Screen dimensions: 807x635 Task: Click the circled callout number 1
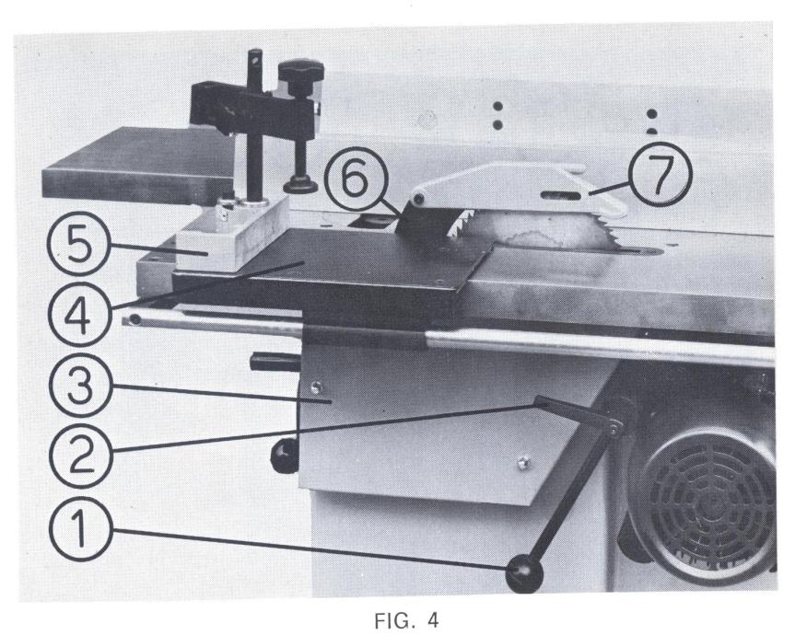(80, 529)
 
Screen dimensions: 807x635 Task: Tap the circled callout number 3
(80, 385)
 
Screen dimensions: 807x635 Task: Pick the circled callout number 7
(661, 174)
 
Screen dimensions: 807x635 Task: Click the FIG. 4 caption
(406, 620)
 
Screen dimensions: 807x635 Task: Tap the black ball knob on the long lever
(524, 575)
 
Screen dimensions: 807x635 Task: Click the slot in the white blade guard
(559, 194)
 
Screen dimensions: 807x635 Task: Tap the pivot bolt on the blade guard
(419, 199)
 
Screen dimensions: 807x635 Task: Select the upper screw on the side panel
(318, 386)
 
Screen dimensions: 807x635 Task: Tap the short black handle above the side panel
(275, 362)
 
